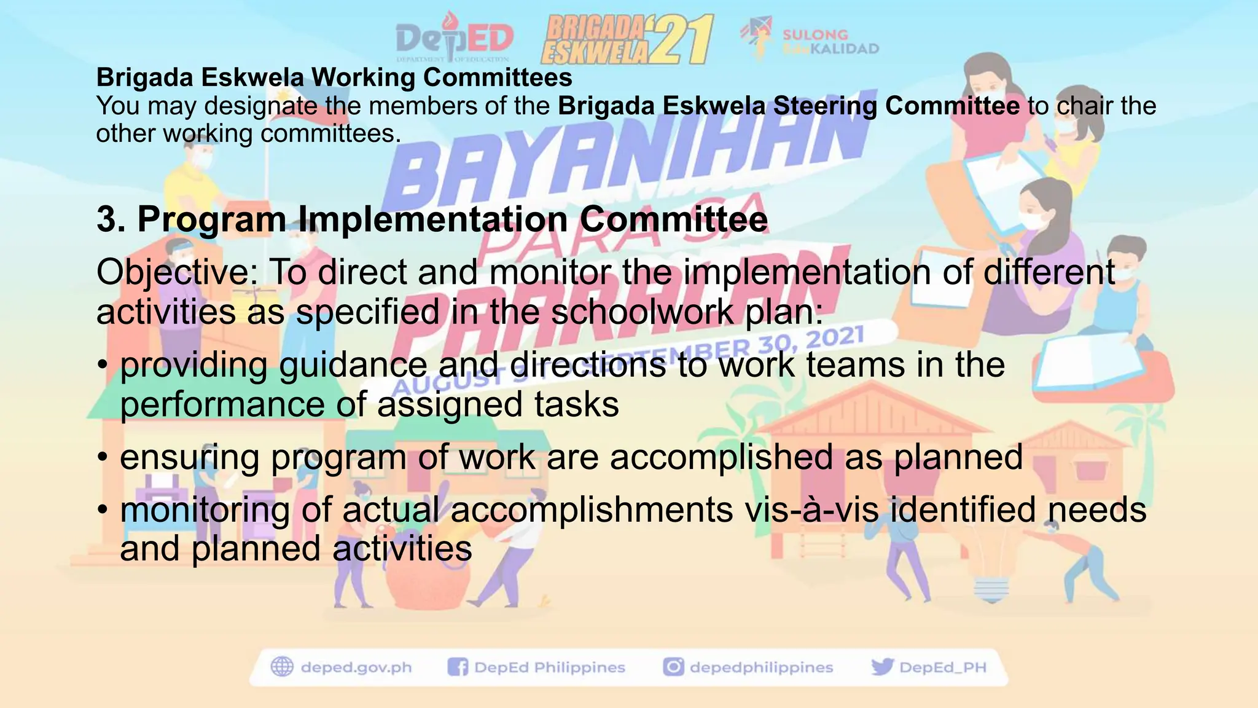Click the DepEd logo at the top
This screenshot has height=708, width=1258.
(x=455, y=38)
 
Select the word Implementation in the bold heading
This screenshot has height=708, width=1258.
(x=432, y=219)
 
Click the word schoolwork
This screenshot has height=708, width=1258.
(x=641, y=312)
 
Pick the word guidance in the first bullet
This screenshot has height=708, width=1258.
(x=353, y=364)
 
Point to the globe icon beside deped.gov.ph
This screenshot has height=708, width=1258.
(x=283, y=667)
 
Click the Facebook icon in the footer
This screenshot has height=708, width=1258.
(x=458, y=667)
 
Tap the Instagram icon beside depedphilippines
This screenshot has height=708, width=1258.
(x=673, y=667)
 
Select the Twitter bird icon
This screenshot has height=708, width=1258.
(x=882, y=667)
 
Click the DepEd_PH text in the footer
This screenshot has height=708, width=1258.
(x=942, y=667)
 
